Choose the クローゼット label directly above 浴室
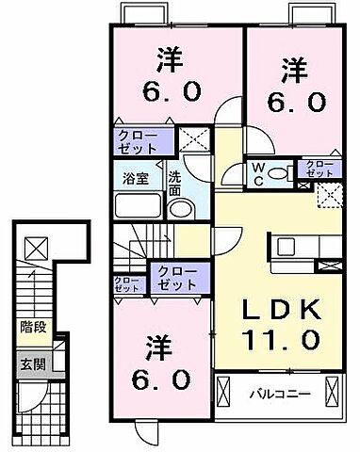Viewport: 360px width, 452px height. (138, 142)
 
